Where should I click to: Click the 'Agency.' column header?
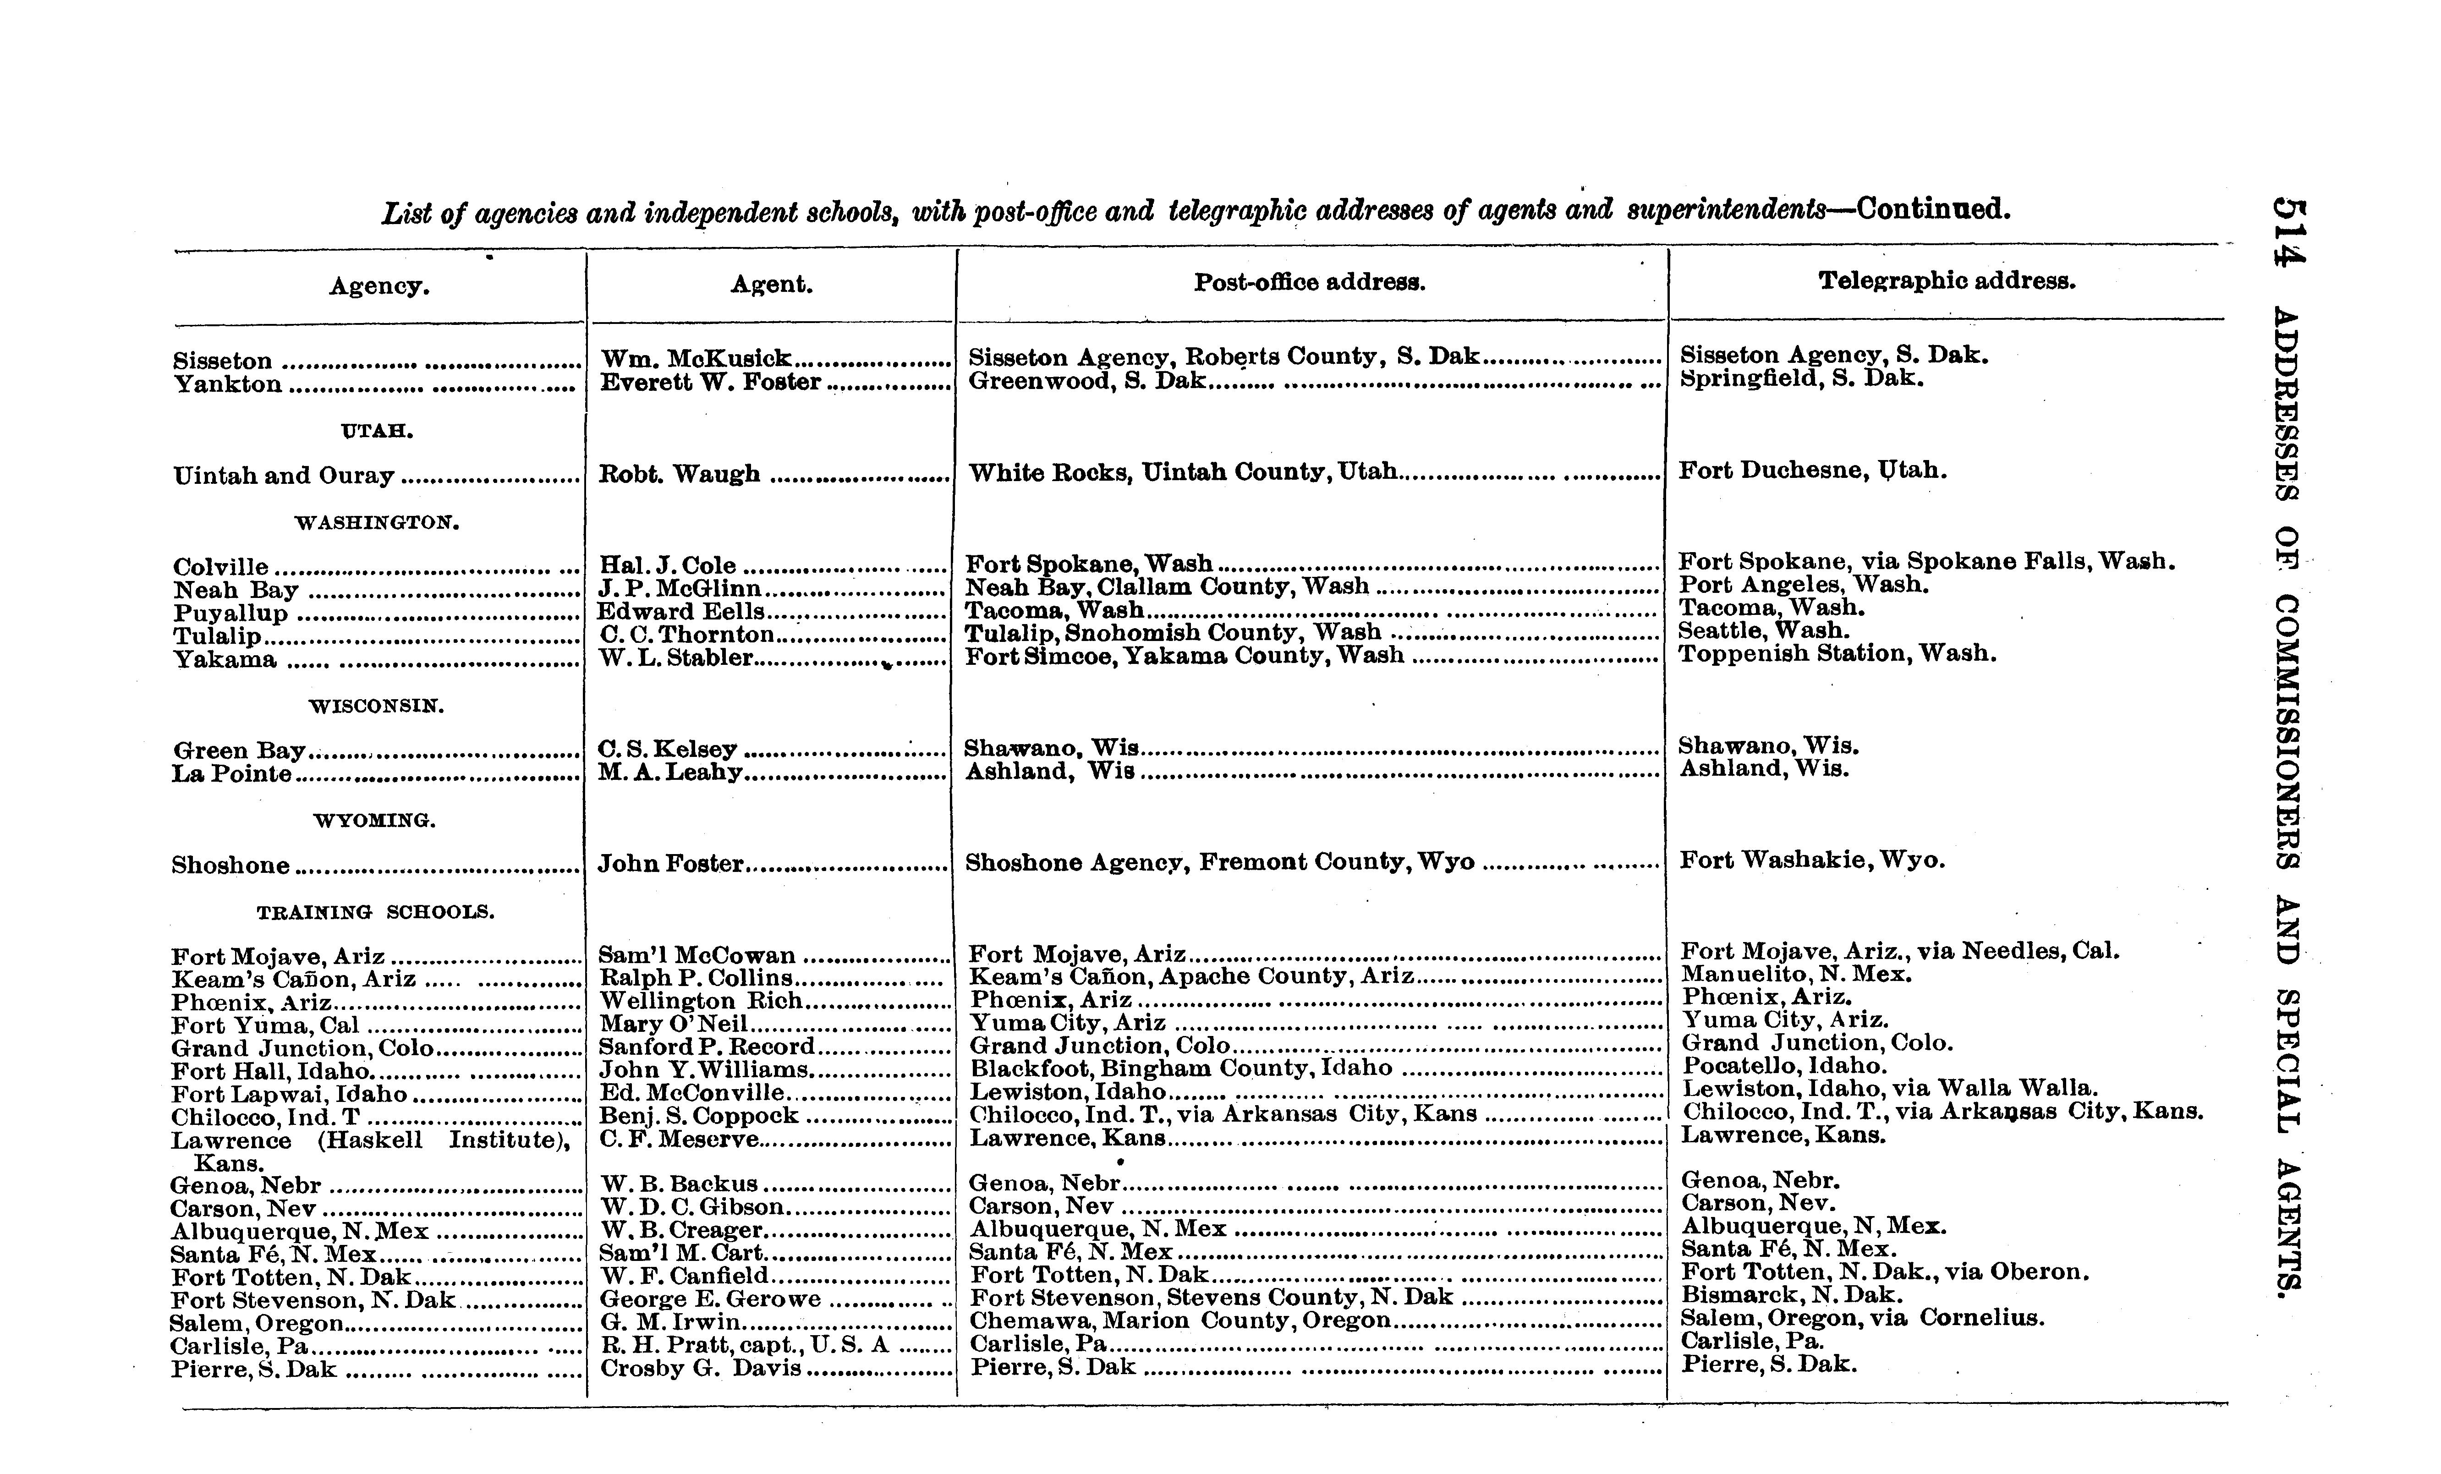[x=379, y=286]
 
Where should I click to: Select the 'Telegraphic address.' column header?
[x=1947, y=281]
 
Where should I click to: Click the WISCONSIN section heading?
[x=377, y=706]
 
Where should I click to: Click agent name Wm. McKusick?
[x=697, y=359]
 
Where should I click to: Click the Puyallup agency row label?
[x=231, y=613]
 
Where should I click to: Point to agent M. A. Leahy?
[x=669, y=772]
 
